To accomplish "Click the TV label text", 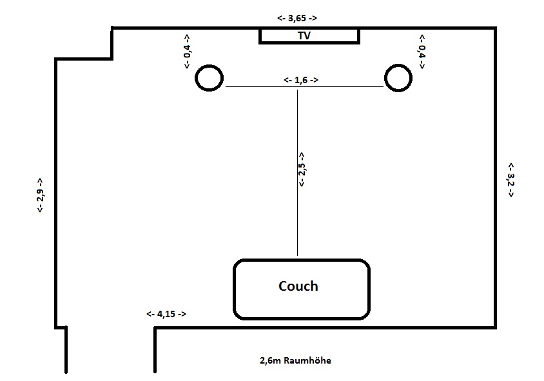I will [x=304, y=36].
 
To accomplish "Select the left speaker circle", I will [x=209, y=78].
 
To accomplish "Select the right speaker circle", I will [x=398, y=78].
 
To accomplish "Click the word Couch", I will [x=298, y=286].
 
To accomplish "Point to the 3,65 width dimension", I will [x=296, y=18].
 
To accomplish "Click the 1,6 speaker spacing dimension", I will [x=301, y=81].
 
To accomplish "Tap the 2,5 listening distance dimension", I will [x=302, y=170].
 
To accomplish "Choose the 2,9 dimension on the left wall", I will [x=40, y=195].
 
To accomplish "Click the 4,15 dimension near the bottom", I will [x=166, y=314].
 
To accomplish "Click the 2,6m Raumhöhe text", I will [x=295, y=361].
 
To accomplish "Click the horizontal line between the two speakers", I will [x=258, y=86].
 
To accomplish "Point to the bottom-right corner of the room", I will [x=496, y=327].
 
